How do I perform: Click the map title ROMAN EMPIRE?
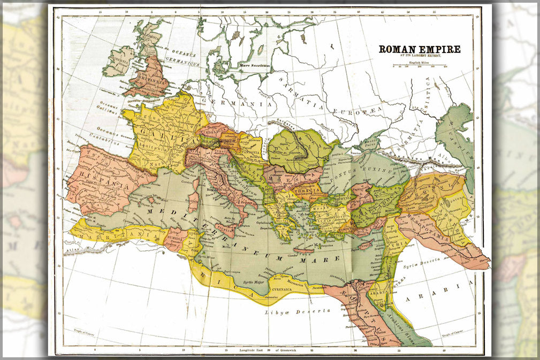(x=420, y=49)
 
